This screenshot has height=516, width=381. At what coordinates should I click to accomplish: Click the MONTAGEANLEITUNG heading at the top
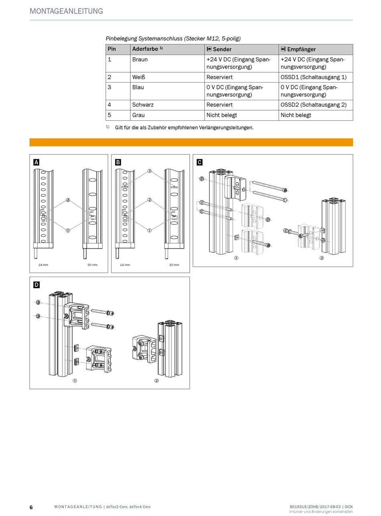pos(66,11)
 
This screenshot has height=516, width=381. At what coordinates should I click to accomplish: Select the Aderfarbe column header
pos(147,49)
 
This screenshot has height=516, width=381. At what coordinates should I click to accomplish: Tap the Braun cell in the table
pos(140,59)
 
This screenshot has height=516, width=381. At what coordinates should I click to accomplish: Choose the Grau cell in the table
pos(138,115)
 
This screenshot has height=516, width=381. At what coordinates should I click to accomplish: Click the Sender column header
pos(219,49)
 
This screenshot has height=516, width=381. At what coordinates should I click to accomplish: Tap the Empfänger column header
pos(298,49)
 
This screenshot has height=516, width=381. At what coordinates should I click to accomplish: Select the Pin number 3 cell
pos(109,87)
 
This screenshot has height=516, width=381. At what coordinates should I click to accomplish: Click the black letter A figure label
pos(36,162)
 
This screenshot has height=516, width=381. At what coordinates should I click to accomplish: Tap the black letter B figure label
pos(118,162)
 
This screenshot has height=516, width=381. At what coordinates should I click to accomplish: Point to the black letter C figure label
pos(200,162)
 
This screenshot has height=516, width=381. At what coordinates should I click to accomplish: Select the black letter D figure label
pos(36,285)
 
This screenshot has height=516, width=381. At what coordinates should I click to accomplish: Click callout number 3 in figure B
pos(150,171)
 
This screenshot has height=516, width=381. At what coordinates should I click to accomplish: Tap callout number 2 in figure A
pos(68,200)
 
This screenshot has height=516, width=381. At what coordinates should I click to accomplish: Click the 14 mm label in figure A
pos(43,265)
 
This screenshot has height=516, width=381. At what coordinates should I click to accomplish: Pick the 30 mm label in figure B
pos(174,265)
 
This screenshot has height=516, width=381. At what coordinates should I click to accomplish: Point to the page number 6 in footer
pos(31,507)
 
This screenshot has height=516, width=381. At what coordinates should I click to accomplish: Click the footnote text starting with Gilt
pos(184,127)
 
